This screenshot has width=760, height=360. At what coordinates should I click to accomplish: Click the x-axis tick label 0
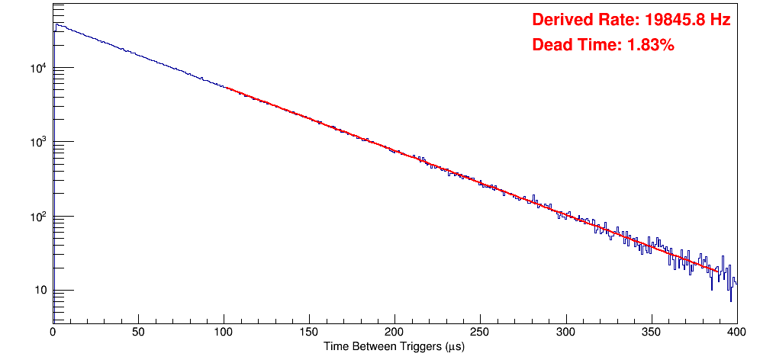click(53, 333)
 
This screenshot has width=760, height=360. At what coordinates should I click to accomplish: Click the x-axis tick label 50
click(138, 333)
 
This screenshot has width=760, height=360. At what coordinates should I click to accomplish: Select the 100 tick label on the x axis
click(224, 333)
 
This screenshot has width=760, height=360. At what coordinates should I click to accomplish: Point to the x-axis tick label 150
click(309, 333)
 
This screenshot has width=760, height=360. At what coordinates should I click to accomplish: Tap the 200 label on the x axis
click(394, 333)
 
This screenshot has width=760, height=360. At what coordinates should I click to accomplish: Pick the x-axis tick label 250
click(480, 333)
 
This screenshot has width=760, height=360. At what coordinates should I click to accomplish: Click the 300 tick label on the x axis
click(565, 333)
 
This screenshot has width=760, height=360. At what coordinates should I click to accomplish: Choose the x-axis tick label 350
click(651, 333)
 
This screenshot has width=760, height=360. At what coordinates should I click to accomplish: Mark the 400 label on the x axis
click(736, 333)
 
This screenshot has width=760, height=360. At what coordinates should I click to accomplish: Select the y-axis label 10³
click(38, 142)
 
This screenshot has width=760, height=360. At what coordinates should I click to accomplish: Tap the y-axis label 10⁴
click(38, 68)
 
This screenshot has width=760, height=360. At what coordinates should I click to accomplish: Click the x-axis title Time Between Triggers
click(394, 347)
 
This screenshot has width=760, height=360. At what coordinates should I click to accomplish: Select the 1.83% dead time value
click(650, 45)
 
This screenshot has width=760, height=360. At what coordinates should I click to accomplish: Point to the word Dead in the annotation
click(549, 45)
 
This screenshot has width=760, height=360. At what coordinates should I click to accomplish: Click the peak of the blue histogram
click(56, 24)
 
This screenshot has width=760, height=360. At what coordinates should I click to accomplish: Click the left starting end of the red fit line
click(227, 88)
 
